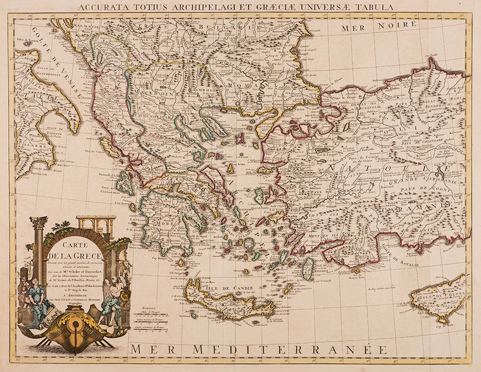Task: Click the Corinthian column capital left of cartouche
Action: point(38,223)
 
